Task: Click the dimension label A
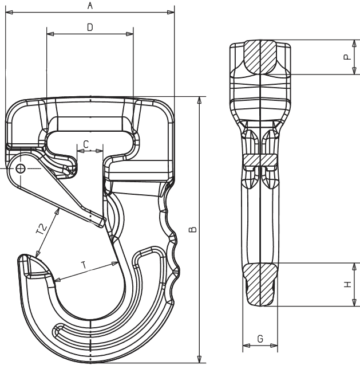[90, 5]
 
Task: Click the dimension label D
[90, 28]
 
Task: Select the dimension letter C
[86, 144]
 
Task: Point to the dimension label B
[193, 229]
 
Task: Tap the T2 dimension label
[41, 229]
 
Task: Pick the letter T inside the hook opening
[84, 265]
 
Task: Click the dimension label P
[347, 57]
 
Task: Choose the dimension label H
[347, 284]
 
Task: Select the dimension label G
[260, 339]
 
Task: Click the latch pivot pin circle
[21, 168]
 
